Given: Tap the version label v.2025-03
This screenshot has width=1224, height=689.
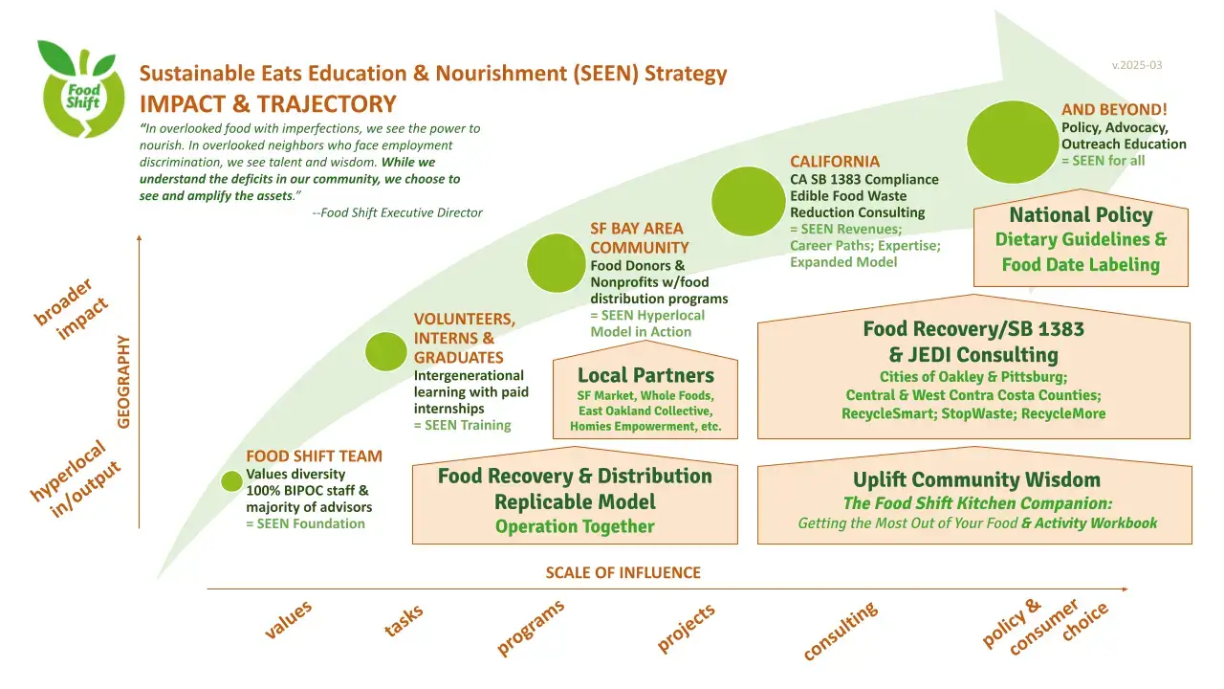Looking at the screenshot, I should pos(1137,65).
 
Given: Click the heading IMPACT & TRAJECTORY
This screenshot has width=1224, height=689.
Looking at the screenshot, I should pos(268,103).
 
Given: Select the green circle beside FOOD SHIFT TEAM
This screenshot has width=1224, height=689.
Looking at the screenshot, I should pos(231,481).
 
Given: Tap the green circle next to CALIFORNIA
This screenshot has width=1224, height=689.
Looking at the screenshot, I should pos(749,201).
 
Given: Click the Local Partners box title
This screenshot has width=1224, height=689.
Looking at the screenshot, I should pos(645,375).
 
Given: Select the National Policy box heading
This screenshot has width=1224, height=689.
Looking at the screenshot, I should pos(1081,215).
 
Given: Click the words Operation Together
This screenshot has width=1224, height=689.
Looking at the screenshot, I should pos(575,526).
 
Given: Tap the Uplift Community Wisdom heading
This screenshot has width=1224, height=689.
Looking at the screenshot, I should pos(975,479).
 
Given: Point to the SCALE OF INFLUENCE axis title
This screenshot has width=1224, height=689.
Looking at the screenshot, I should pos(623,573).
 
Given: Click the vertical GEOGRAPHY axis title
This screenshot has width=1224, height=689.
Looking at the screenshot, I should pos(123,381).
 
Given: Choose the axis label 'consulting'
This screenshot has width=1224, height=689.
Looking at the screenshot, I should pos(840,632).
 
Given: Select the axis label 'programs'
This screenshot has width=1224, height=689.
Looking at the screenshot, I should pos(530,628).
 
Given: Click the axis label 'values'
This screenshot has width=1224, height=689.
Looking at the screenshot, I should pos(288,621).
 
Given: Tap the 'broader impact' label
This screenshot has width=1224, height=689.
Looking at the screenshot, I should pos(73,308).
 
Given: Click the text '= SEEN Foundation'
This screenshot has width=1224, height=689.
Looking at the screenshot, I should pos(305,523).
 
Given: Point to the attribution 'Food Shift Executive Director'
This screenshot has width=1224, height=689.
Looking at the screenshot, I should pos(402,212).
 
